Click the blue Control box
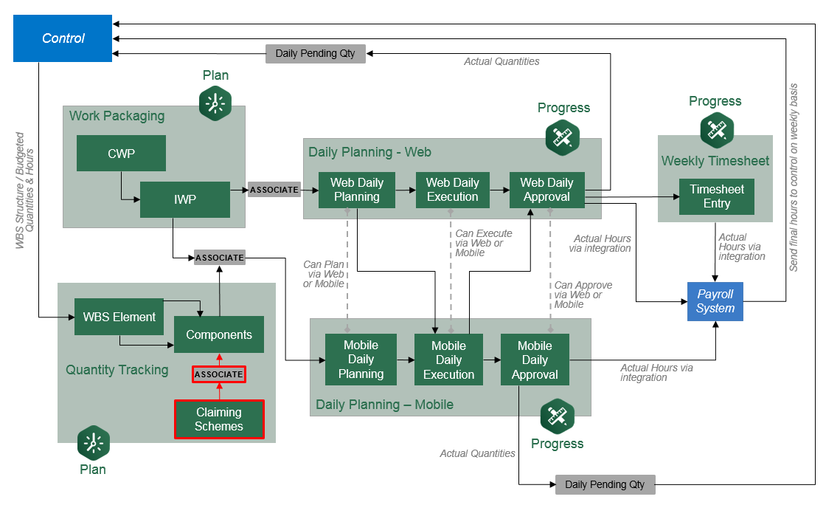click(x=63, y=38)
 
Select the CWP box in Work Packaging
click(x=121, y=154)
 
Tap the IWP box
click(x=184, y=199)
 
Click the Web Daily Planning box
click(x=357, y=190)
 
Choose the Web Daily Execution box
click(x=452, y=190)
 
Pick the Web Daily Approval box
click(x=546, y=190)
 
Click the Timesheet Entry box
click(x=716, y=196)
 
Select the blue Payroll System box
click(x=715, y=301)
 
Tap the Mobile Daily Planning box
click(x=361, y=360)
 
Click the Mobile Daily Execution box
click(x=448, y=360)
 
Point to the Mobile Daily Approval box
click(x=535, y=360)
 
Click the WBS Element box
click(x=119, y=317)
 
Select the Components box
click(x=219, y=334)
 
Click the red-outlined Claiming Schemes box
click(x=219, y=419)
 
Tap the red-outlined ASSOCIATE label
click(x=219, y=374)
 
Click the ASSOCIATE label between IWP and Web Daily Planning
click(x=274, y=190)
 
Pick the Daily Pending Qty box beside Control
click(x=315, y=54)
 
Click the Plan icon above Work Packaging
click(x=215, y=103)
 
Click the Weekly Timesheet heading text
click(x=715, y=161)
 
